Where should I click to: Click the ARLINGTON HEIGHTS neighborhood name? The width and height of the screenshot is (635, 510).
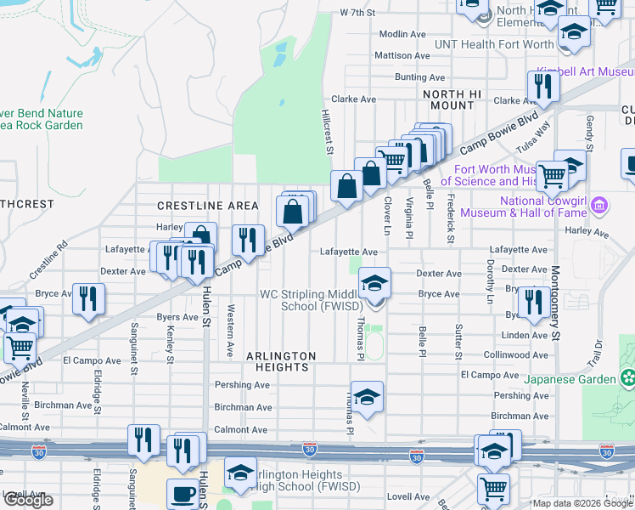click(x=281, y=361)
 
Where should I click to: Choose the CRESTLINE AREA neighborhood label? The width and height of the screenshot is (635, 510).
click(x=207, y=206)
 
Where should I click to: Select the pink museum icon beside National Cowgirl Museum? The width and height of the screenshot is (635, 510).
click(x=600, y=205)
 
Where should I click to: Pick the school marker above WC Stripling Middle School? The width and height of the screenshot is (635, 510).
click(x=374, y=283)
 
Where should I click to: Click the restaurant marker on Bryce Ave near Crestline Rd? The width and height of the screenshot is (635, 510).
click(x=88, y=298)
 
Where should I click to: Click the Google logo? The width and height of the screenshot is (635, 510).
click(x=28, y=500)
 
